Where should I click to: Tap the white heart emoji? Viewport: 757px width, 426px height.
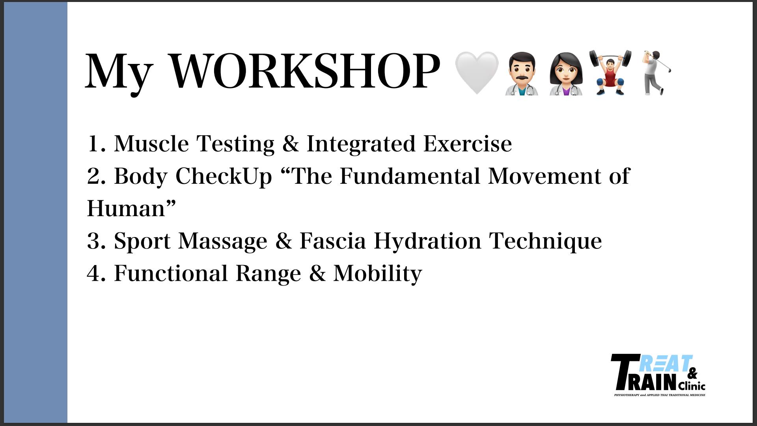(x=477, y=73)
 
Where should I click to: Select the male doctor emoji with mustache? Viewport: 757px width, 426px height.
(x=522, y=73)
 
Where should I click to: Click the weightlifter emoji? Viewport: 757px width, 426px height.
(x=610, y=73)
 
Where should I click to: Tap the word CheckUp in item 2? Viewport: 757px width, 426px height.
(x=224, y=176)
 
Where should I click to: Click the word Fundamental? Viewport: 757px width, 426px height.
(x=410, y=176)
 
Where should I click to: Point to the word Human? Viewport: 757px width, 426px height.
(x=126, y=208)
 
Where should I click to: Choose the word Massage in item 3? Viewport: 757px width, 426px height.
(x=223, y=241)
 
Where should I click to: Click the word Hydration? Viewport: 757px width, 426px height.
(x=427, y=241)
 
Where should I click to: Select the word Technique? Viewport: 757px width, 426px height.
(x=546, y=241)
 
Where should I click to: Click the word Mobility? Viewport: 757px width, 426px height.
(x=378, y=273)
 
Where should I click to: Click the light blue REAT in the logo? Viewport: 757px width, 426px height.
(x=665, y=364)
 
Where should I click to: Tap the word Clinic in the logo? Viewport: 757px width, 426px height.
(x=692, y=385)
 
